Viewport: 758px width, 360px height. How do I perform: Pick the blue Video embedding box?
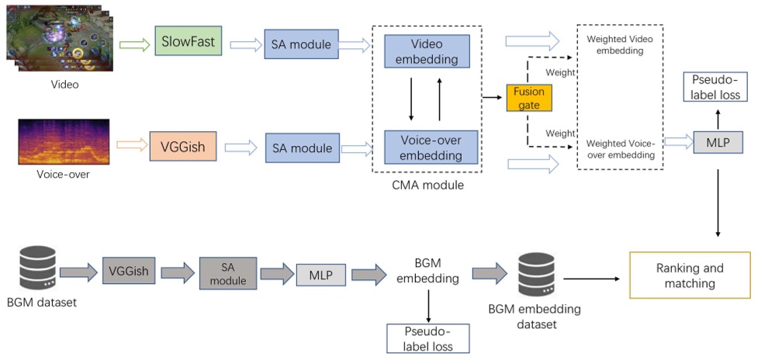[427, 50]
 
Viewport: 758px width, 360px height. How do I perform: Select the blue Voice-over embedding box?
[427, 147]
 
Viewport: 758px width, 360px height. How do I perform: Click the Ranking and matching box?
[689, 275]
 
